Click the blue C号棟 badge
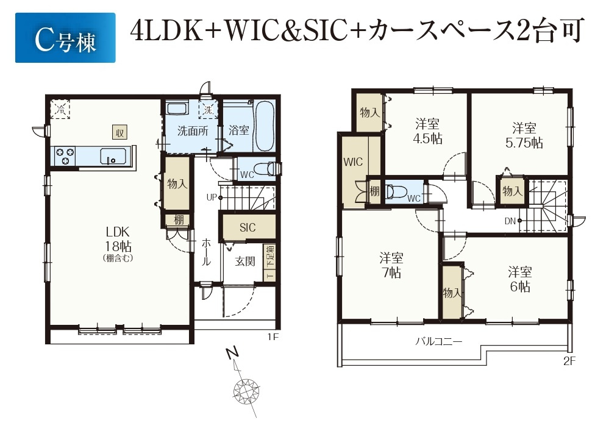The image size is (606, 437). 65,38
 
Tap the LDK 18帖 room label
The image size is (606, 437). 118,239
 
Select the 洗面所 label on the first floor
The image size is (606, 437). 193,130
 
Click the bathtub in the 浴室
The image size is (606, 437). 265,126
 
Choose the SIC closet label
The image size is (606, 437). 248,227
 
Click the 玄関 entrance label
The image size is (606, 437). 246,261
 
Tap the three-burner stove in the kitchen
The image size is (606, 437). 65,157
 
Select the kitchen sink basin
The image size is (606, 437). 113,157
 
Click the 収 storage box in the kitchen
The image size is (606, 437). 120,132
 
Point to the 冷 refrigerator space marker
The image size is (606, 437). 60,109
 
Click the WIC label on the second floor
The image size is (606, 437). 353,162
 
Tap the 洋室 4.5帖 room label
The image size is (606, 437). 428,132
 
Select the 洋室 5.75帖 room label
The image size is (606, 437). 524,135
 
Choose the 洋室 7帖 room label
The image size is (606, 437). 391,265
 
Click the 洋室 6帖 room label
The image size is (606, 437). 520,279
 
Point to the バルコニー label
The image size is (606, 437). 439,341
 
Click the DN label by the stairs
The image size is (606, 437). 510,221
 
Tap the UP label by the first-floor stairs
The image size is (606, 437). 212,197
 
